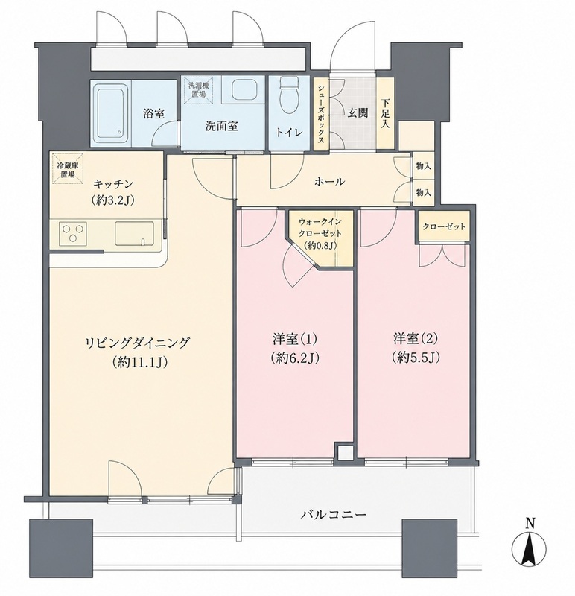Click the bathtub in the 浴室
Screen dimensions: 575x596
(x=112, y=112)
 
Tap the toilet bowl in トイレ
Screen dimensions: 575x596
(x=289, y=96)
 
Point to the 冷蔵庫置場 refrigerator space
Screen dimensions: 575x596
(x=68, y=168)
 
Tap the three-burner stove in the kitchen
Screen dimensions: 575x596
(x=73, y=233)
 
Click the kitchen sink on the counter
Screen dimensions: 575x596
(x=135, y=233)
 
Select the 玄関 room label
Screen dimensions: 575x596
(x=358, y=113)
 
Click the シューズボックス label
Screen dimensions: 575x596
(x=321, y=114)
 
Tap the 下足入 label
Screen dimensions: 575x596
(x=385, y=113)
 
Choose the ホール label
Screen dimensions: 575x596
(x=329, y=182)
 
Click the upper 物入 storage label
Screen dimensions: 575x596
(x=423, y=166)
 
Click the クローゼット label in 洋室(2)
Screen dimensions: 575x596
(x=444, y=226)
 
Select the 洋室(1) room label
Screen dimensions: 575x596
(x=294, y=339)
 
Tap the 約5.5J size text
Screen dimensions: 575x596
(x=416, y=358)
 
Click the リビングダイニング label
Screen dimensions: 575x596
(x=137, y=343)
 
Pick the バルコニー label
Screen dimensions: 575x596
(x=334, y=515)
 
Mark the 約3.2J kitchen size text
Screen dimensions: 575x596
(x=112, y=201)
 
